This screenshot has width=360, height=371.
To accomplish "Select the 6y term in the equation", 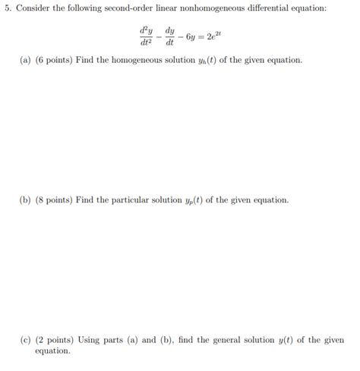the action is [191, 36].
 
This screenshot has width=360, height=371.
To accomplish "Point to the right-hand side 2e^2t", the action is [218, 35].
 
